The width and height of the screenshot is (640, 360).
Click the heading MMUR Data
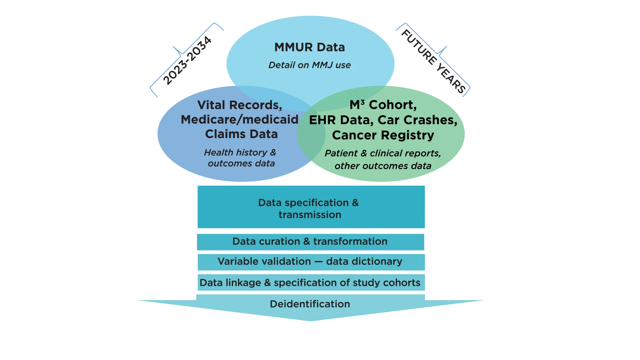coord(309,47)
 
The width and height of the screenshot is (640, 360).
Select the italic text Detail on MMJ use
coord(309,65)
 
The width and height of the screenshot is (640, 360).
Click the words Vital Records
coord(239,105)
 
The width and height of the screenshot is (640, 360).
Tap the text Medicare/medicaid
coord(239,119)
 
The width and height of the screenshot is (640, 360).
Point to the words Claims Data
coord(241,134)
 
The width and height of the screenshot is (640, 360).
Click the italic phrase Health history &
coord(240,152)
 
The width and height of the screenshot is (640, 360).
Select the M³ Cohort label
coord(383,105)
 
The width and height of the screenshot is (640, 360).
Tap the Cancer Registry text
coord(383,135)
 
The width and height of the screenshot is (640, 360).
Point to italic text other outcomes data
coord(383,166)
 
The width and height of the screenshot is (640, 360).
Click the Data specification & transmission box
coord(311,208)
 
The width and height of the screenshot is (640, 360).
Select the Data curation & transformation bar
coord(310,242)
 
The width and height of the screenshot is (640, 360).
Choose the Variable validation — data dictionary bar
coord(310,262)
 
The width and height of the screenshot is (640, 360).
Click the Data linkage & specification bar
coord(310,283)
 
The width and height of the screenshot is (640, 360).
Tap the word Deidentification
coord(310,304)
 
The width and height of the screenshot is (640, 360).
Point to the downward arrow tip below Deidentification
coord(310,320)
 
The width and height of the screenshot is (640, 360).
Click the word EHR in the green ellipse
coord(322,120)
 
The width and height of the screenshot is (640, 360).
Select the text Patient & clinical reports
coord(383,153)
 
